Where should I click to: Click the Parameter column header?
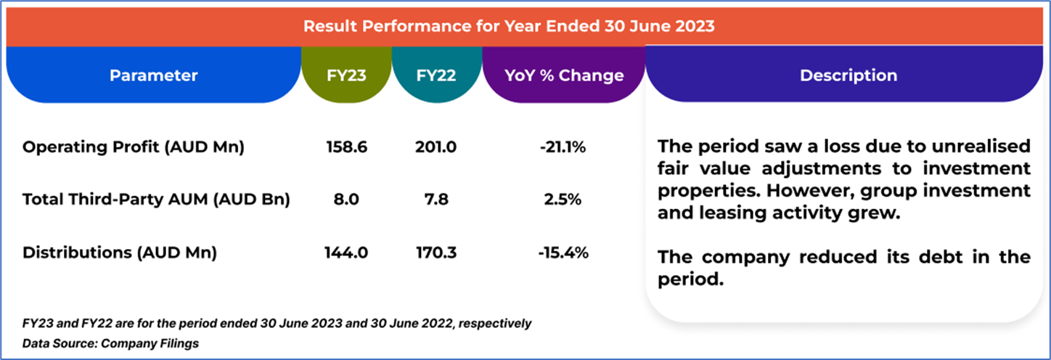click(153, 75)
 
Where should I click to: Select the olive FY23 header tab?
click(347, 75)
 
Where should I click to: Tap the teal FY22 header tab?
click(436, 75)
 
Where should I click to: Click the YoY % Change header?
click(564, 75)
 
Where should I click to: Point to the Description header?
click(848, 75)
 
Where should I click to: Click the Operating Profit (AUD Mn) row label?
click(134, 147)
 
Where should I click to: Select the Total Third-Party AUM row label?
click(156, 200)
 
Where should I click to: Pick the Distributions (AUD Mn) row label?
click(120, 253)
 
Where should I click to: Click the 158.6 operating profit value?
click(347, 147)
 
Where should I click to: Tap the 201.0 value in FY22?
click(436, 147)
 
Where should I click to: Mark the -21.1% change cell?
click(563, 147)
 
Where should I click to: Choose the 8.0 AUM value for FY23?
click(347, 200)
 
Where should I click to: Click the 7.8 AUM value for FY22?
click(436, 200)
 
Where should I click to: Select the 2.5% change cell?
click(563, 200)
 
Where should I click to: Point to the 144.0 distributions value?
click(347, 253)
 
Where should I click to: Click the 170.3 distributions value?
click(436, 253)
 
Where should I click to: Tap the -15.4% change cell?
click(563, 253)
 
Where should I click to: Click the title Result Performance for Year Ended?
click(508, 27)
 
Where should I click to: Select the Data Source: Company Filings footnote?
click(110, 343)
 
